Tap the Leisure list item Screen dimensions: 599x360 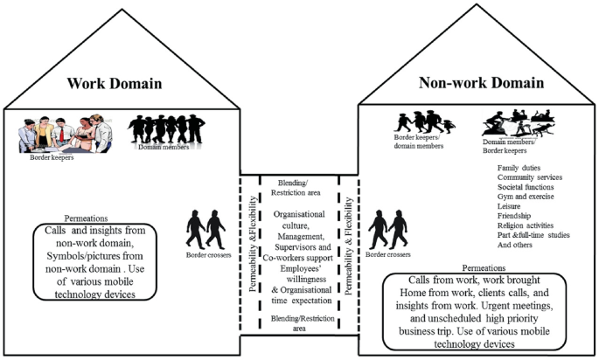coord(511,205)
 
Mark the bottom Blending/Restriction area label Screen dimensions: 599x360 coord(299,324)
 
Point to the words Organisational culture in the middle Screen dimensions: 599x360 coord(299,218)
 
